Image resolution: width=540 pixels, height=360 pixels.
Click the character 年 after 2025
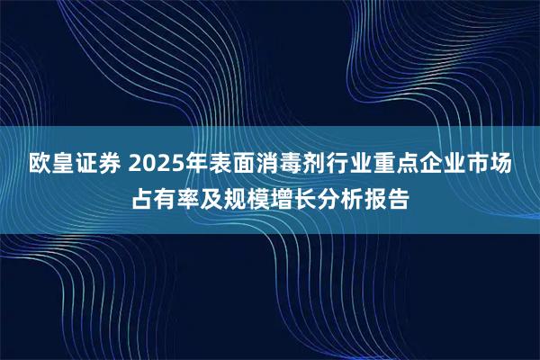click(192, 166)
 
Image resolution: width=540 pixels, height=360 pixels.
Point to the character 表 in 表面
click(217, 166)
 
